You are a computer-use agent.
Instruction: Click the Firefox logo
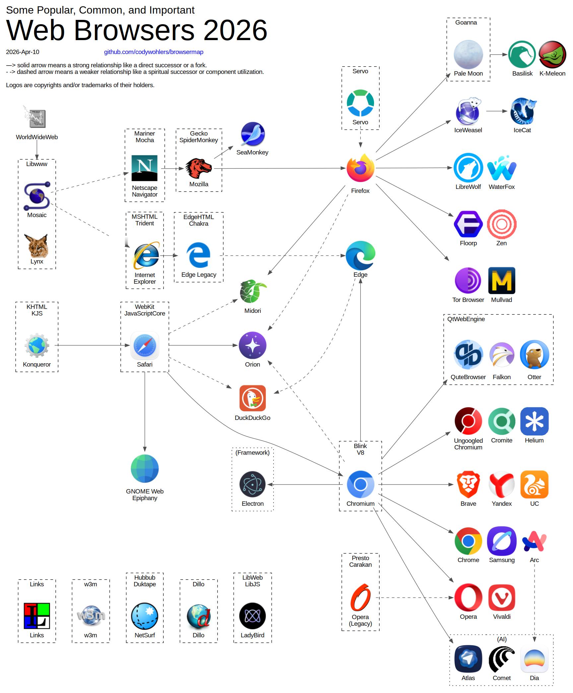click(x=360, y=168)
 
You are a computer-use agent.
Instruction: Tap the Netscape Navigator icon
click(x=145, y=168)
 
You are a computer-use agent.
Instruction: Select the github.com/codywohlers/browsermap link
click(x=154, y=52)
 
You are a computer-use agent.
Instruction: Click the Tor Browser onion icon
click(x=468, y=281)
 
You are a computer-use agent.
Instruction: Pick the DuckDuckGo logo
click(x=252, y=398)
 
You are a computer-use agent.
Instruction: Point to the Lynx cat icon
click(x=36, y=246)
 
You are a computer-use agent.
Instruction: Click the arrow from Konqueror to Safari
click(x=92, y=345)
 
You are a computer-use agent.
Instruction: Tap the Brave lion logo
click(x=468, y=485)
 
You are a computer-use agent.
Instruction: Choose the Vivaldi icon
click(x=502, y=598)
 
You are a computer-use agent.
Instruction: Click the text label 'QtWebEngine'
click(x=466, y=319)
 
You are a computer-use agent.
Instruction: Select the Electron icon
click(x=252, y=485)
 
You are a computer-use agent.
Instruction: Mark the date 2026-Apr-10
click(x=23, y=52)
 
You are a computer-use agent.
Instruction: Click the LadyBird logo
click(x=252, y=616)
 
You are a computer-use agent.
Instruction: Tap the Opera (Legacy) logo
click(x=360, y=597)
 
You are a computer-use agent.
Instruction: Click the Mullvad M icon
click(x=502, y=281)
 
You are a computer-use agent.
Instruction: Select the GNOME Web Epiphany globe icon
click(x=145, y=469)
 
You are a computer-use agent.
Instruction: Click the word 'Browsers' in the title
click(x=134, y=30)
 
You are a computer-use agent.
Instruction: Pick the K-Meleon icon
click(x=552, y=54)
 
